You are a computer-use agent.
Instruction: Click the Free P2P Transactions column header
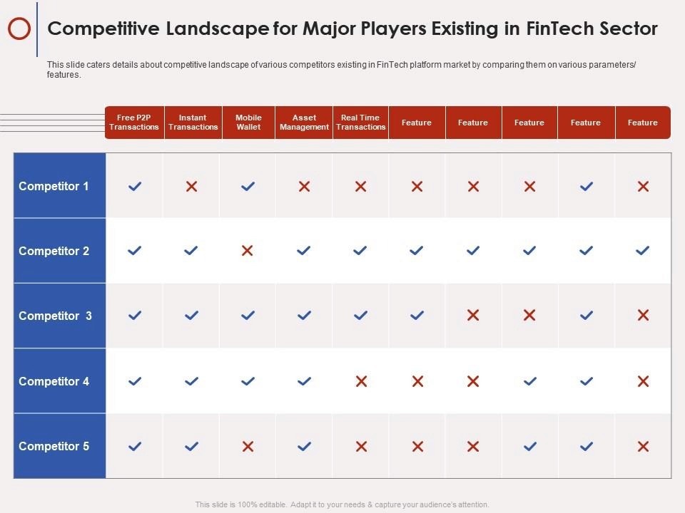(134, 123)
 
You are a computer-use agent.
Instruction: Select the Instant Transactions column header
(193, 123)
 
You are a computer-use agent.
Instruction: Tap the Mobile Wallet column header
(248, 123)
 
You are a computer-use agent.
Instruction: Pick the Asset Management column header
(304, 123)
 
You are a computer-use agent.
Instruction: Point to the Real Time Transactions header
(360, 123)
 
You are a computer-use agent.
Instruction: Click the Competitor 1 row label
(54, 187)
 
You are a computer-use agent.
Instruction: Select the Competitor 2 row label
(54, 252)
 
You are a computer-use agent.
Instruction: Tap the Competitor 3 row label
(56, 316)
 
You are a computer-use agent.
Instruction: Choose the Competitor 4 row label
(54, 382)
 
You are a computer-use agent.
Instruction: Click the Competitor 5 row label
(54, 447)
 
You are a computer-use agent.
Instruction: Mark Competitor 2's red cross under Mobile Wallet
(248, 251)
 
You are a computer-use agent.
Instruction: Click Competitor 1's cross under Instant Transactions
(191, 187)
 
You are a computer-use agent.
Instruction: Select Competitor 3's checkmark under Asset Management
(304, 316)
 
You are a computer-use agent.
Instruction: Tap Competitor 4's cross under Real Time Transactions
(361, 382)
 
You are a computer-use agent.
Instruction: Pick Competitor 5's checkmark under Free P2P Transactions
(135, 447)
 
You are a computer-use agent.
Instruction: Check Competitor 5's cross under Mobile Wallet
(248, 447)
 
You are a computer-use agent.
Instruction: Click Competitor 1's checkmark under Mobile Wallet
(248, 187)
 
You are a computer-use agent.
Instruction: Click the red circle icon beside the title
(19, 29)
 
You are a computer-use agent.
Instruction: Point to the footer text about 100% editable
(342, 504)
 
